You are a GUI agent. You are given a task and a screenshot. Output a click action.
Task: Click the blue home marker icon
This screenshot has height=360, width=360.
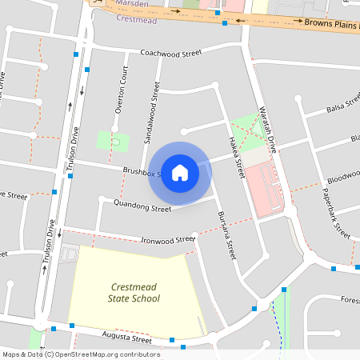pos(180,172)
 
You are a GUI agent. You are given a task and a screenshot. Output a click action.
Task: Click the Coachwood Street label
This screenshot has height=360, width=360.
pos(170,54)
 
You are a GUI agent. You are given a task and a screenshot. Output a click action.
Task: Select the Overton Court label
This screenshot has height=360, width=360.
pos(121,94)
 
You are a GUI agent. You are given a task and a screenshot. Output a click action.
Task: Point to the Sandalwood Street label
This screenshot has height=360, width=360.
pos(150,114)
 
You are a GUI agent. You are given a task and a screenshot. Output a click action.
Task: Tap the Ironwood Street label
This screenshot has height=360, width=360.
pos(168,239)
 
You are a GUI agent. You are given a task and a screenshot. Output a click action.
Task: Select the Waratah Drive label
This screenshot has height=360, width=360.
pos(266,130)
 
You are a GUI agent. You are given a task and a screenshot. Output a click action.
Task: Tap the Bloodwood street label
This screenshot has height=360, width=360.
pos(343,174)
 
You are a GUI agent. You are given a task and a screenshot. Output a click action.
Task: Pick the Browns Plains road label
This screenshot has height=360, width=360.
pos(333,23)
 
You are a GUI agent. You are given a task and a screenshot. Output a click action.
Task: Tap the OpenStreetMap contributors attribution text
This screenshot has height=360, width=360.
pos(80,354)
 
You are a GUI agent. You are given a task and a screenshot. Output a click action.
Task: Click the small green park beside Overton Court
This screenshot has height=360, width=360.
pos(114,142)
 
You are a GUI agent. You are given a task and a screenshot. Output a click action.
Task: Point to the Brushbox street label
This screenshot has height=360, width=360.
pos(141,172)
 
